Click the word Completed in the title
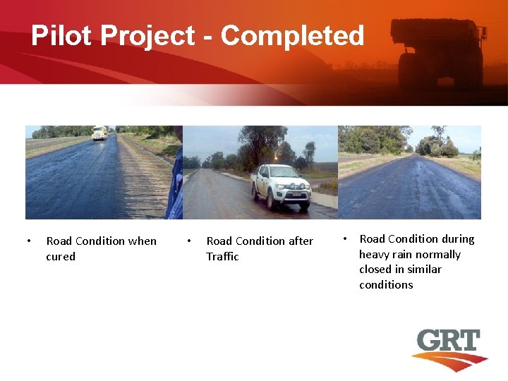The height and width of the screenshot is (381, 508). coord(293,35)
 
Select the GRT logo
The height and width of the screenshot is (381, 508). coord(449,349)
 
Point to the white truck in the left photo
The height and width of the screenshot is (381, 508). coord(99,133)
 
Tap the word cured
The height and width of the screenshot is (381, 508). coord(61,257)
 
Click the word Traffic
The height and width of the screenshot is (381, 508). coord(222,257)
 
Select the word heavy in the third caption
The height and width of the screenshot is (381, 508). coord(375,255)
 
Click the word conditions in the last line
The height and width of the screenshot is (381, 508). coord(386,285)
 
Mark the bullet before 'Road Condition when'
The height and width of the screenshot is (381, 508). coord(28,241)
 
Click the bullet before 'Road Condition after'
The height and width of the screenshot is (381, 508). coord(188,241)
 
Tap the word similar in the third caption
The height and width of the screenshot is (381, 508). coord(422,270)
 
